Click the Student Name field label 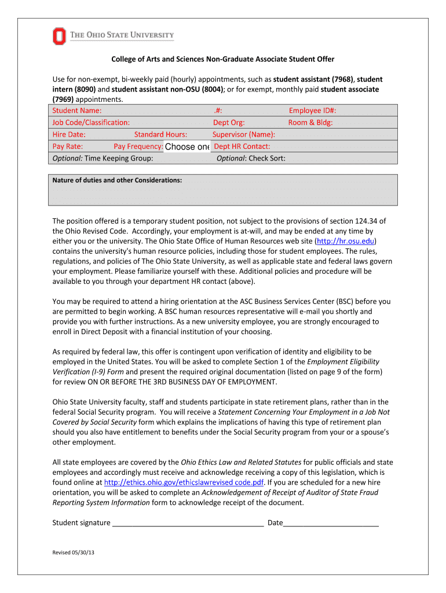77,111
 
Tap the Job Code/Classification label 91,123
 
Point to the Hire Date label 69,134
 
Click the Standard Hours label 160,134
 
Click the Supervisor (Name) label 244,134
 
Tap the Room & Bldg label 310,123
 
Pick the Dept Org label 229,123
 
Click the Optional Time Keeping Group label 103,158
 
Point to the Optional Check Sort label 251,158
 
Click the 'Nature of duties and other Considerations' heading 117,180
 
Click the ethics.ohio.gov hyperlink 184,482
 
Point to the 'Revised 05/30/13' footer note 74,553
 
